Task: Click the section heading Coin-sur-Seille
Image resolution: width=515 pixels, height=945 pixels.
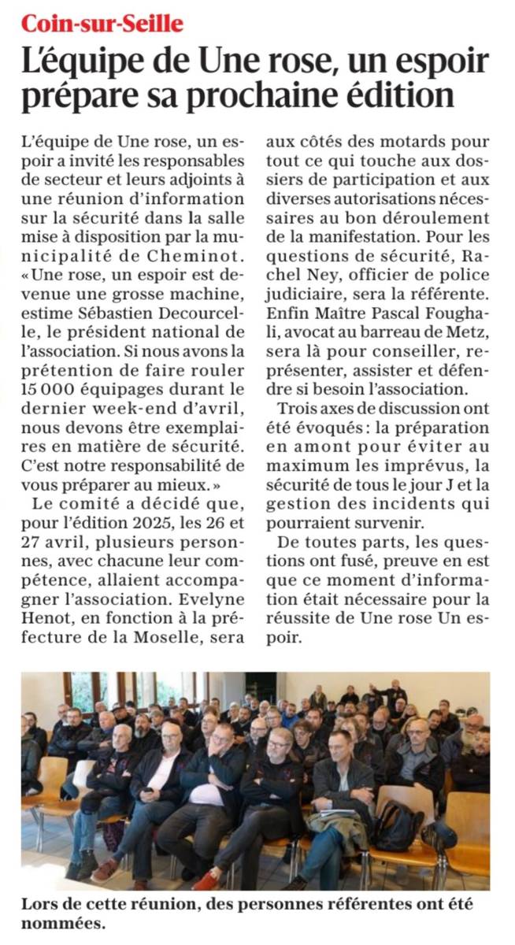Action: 102,24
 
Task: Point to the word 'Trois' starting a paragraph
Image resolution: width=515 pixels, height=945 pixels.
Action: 298,407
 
